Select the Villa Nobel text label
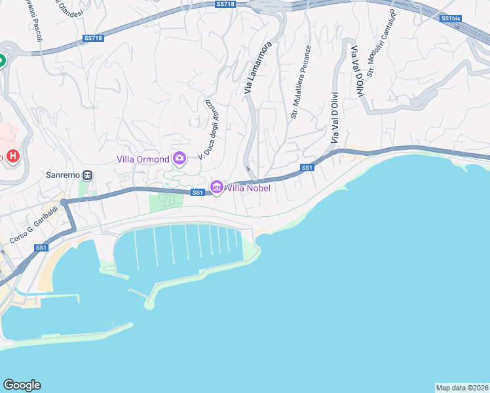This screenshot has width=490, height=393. (x=248, y=188)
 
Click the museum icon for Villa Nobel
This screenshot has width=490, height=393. (x=217, y=188)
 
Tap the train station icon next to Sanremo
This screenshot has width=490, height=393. (x=88, y=176)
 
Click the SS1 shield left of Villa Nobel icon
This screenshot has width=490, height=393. (x=198, y=193)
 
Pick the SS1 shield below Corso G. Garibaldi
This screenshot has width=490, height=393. (x=41, y=248)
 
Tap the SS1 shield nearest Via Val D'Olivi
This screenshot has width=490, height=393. (x=307, y=168)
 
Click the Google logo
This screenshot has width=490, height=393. (x=22, y=385)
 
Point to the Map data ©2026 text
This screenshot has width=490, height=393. (x=462, y=387)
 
